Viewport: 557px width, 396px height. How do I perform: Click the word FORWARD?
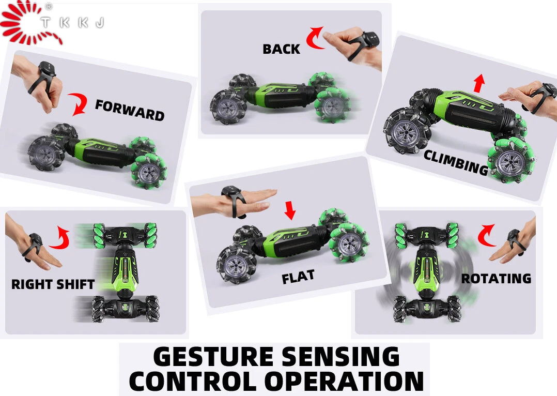pyautogui.click(x=130, y=110)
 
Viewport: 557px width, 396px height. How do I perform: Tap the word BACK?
pyautogui.click(x=281, y=49)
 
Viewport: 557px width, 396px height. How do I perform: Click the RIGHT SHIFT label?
pyautogui.click(x=53, y=284)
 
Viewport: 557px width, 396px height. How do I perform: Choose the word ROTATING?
pyautogui.click(x=496, y=278)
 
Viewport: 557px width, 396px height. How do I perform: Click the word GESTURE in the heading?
pyautogui.click(x=213, y=357)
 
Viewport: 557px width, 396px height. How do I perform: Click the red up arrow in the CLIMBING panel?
pyautogui.click(x=479, y=83)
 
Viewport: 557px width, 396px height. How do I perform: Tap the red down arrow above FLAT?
pyautogui.click(x=290, y=210)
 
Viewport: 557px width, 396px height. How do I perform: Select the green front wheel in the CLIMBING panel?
pyautogui.click(x=511, y=161)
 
